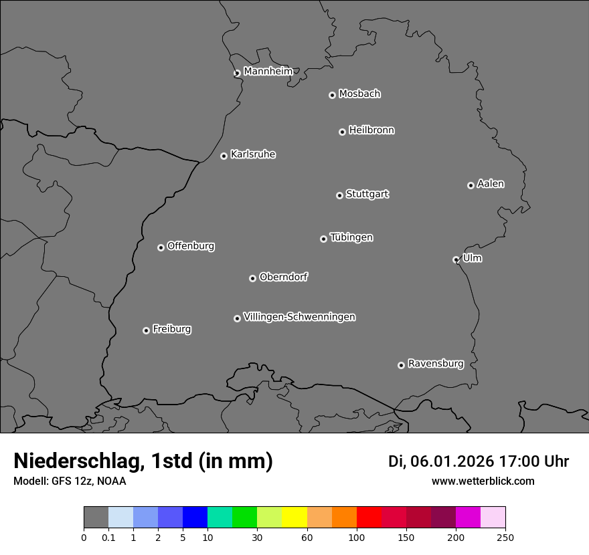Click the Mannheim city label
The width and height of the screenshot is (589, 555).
coord(268,72)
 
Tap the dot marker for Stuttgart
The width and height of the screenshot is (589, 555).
coord(339,195)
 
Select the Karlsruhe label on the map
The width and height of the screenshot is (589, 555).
coord(253,154)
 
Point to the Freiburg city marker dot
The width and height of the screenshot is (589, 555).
coord(146,330)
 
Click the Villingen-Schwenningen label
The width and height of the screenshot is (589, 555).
coord(299,317)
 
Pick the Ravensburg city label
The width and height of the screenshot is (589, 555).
coord(436,364)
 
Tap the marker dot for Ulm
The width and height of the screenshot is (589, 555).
coord(456,259)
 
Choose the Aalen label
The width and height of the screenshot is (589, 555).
coord(491,184)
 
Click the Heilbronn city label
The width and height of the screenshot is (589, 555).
coord(371,130)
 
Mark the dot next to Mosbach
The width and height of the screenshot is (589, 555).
coord(332,95)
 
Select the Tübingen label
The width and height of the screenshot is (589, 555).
coord(351,237)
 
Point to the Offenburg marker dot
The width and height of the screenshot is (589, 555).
coord(161,247)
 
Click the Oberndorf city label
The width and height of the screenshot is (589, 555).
coord(283,277)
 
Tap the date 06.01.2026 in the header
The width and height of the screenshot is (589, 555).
coord(452,461)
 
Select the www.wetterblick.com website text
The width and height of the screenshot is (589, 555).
coord(483,481)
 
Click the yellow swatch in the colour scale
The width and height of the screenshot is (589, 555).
coord(294,518)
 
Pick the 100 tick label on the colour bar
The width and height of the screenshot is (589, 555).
coord(357,537)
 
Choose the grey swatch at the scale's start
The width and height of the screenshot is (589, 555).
coord(96,518)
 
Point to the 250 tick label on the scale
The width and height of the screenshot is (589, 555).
coord(505,537)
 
